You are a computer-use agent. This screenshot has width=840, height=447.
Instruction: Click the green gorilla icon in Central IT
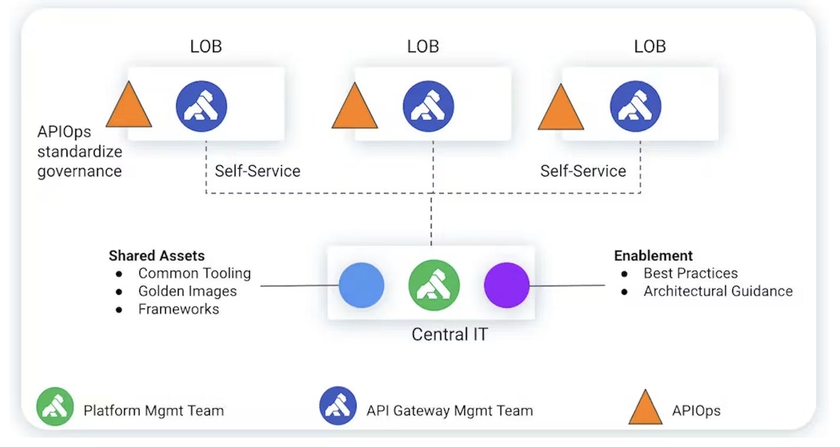click(434, 285)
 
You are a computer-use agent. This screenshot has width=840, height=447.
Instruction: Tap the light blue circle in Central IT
click(361, 285)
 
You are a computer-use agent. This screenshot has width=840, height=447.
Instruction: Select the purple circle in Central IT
click(506, 285)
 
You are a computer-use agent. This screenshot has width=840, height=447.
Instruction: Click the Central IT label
click(449, 334)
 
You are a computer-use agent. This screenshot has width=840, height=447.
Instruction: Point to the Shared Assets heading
click(156, 255)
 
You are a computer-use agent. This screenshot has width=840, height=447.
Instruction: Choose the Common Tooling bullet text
click(194, 273)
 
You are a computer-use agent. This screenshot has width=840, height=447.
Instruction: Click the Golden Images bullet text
click(187, 291)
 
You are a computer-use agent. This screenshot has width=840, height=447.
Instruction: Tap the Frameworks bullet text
click(178, 309)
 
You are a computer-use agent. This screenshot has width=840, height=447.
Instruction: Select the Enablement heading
click(653, 255)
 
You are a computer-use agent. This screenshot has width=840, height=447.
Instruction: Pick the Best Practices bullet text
click(690, 273)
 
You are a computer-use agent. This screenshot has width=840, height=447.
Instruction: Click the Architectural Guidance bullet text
click(718, 291)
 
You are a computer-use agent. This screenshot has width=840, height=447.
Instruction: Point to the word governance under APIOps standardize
click(79, 171)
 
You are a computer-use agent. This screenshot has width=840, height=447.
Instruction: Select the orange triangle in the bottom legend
click(645, 408)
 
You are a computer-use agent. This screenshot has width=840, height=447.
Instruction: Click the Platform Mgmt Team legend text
click(154, 411)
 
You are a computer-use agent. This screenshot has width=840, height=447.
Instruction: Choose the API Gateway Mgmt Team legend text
click(449, 411)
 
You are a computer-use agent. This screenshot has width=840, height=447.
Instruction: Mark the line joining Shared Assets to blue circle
click(299, 286)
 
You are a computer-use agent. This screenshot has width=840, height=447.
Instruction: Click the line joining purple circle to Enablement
click(567, 286)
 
